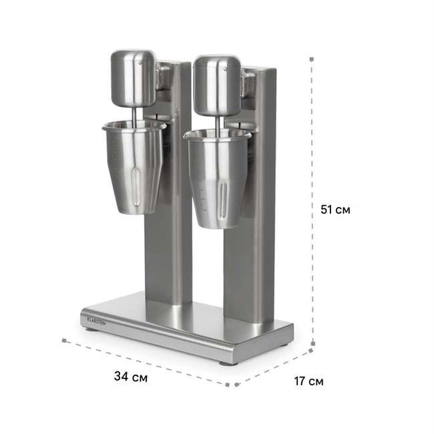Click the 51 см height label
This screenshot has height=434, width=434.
(x=335, y=210)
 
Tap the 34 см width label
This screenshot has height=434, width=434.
(x=131, y=377)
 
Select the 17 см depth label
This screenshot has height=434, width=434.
(x=308, y=381)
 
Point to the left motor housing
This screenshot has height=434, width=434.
(x=133, y=78)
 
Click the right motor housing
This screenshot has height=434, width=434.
(x=217, y=85)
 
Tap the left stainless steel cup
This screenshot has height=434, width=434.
(x=134, y=167)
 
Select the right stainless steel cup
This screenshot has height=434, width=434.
(x=218, y=179)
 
